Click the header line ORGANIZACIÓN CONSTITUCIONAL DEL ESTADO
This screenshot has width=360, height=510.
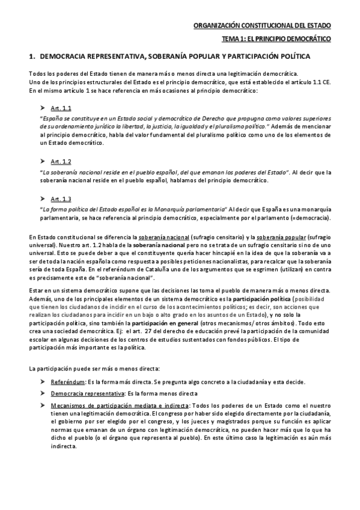click(262, 26)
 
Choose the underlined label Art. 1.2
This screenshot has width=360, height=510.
click(61, 162)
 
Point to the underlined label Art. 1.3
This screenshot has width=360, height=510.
click(61, 199)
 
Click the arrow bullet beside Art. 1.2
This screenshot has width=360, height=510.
click(43, 162)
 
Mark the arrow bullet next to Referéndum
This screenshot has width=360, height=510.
click(43, 382)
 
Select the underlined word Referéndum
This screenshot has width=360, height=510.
click(67, 382)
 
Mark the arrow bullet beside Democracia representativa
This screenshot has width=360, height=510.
click(43, 393)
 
